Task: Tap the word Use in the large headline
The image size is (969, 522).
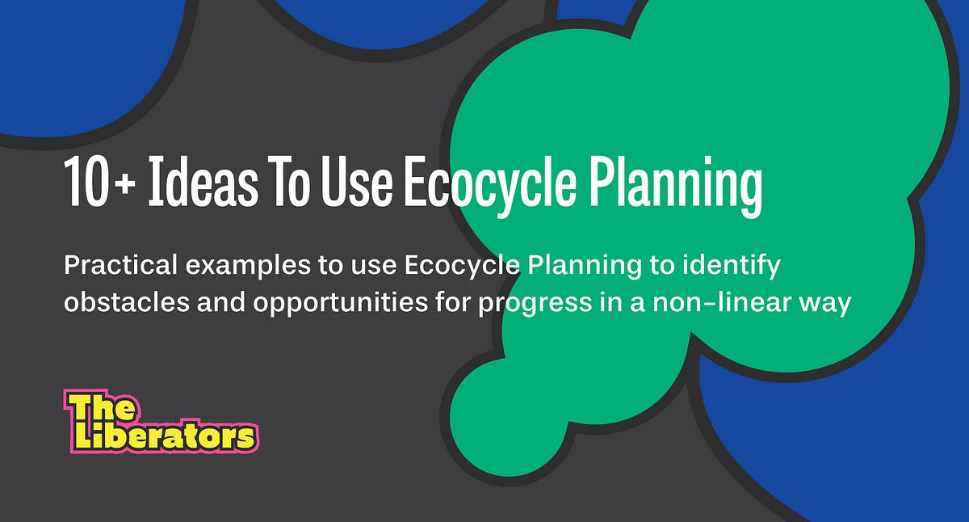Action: [x=353, y=185]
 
